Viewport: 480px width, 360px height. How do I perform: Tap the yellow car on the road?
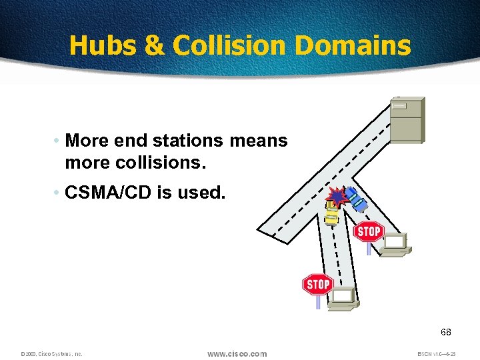pos(331,212)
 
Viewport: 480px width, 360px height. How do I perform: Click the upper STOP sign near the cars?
pos(368,232)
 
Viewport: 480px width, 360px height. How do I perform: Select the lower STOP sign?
pos(317,285)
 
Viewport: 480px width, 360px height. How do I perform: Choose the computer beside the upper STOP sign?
pos(396,245)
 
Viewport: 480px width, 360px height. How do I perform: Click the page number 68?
pos(446,331)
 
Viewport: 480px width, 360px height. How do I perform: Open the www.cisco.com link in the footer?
pos(237,353)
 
